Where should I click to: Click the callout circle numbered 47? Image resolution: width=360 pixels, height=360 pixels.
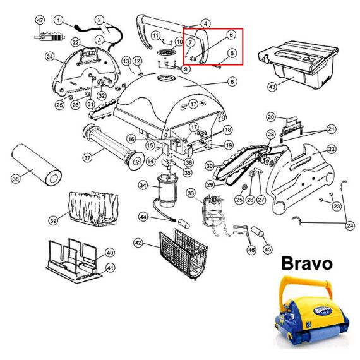[x=40, y=20]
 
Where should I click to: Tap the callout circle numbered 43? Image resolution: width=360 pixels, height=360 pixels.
[x=272, y=87]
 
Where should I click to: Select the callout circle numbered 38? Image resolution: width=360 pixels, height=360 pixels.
[x=16, y=178]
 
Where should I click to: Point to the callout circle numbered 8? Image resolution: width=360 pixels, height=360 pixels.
[x=232, y=81]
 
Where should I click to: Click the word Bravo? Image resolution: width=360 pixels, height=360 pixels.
[x=307, y=264]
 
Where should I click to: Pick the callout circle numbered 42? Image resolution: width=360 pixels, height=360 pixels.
[x=138, y=243]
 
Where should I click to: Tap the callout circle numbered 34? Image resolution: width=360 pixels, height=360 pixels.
[x=143, y=185]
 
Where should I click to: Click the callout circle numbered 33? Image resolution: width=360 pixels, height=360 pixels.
[x=191, y=193]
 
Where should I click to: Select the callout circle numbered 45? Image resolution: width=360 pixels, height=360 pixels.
[x=268, y=249]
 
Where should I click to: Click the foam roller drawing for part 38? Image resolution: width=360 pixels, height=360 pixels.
[x=36, y=165]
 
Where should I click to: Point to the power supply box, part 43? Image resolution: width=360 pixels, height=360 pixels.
[x=298, y=65]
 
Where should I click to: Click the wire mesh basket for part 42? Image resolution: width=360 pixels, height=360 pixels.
[x=183, y=254]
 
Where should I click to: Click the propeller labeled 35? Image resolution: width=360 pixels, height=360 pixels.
[x=169, y=163]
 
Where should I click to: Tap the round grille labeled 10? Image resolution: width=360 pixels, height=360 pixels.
[x=167, y=52]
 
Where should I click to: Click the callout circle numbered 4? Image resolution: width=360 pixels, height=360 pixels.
[x=205, y=23]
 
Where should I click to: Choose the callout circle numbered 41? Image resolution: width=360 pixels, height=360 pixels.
[x=111, y=268]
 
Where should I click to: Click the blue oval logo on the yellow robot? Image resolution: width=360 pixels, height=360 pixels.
[x=323, y=311]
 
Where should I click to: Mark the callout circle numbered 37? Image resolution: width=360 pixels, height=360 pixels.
[x=87, y=158]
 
